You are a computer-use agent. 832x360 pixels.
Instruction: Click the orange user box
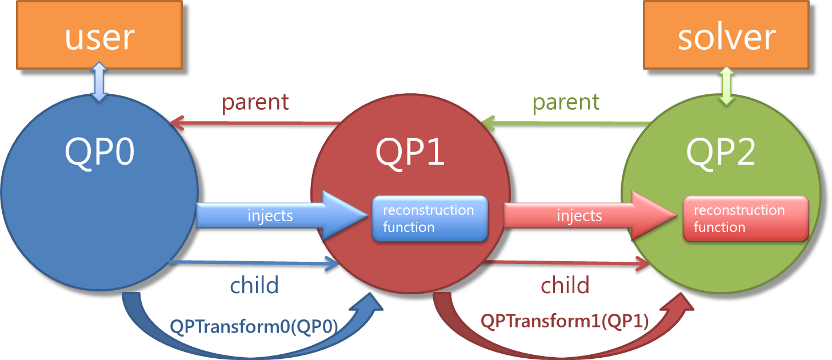[99, 35]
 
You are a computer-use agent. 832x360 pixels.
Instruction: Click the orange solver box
[726, 35]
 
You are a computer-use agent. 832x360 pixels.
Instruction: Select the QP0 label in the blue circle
[99, 152]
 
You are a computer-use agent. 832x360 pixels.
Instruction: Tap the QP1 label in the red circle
[410, 152]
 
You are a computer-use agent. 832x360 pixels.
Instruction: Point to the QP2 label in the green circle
[721, 152]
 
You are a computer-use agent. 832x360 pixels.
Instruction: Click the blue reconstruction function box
[430, 219]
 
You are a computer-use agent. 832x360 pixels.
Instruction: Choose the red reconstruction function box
[746, 219]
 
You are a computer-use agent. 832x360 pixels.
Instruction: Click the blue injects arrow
[282, 215]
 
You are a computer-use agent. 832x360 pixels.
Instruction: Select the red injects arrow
[591, 215]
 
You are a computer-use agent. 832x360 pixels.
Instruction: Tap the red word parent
[255, 102]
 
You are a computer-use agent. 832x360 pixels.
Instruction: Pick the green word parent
[566, 102]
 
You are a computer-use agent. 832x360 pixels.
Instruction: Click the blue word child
[254, 285]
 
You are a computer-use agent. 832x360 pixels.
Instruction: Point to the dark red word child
[565, 285]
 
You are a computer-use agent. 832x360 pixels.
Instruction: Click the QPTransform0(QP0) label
[254, 327]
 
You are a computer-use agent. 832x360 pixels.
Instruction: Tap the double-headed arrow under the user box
[99, 82]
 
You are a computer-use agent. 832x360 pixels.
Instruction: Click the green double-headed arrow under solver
[727, 86]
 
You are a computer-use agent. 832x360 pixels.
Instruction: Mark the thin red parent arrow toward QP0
[254, 123]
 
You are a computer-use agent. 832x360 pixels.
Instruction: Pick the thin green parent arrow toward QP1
[566, 123]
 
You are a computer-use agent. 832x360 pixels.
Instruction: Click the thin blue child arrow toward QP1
[254, 263]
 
